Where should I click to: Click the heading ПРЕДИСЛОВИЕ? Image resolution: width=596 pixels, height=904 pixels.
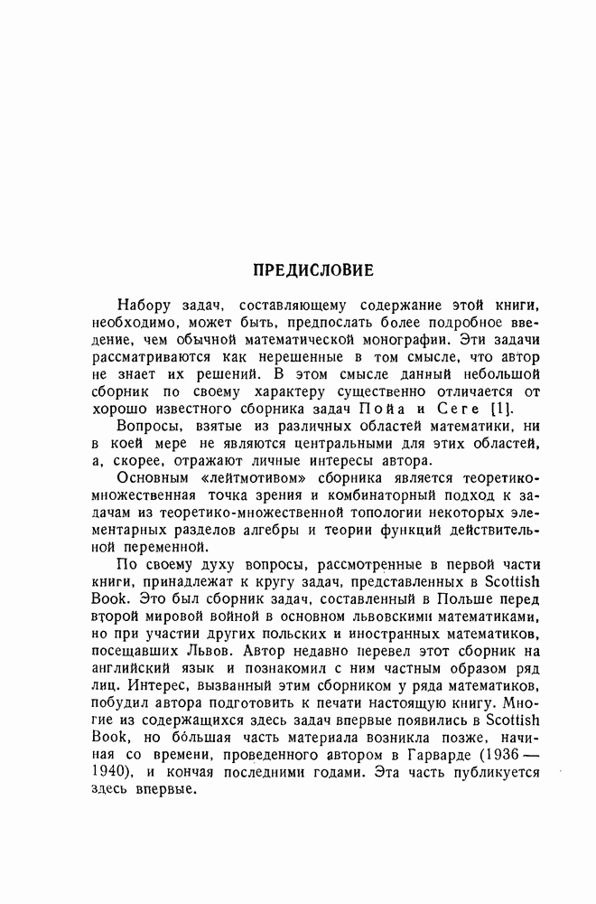click(x=312, y=269)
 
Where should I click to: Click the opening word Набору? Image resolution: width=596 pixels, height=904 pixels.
click(x=146, y=307)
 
